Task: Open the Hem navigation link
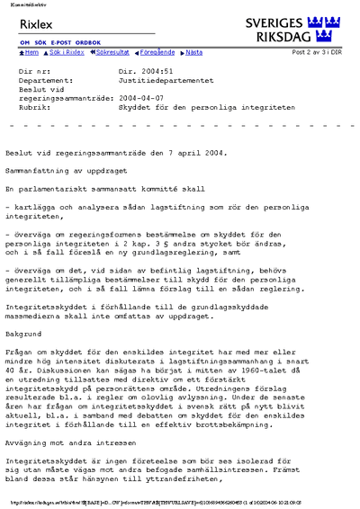(x=30, y=53)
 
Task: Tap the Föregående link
(x=159, y=53)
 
